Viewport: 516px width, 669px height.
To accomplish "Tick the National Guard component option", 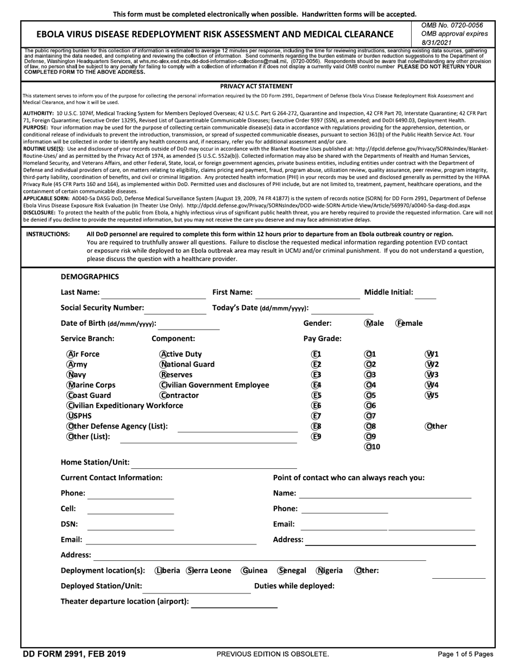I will point(163,364).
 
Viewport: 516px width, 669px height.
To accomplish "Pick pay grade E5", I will point(316,395).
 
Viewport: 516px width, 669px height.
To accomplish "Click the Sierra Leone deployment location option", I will point(191,571).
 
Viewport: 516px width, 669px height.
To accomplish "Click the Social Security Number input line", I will point(175,310).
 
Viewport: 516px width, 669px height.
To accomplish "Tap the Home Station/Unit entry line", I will point(214,464).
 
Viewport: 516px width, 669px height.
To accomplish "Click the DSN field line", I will point(130,526).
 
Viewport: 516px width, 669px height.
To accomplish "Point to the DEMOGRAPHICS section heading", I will point(90,276).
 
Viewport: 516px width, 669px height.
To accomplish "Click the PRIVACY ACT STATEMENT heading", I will point(256,86).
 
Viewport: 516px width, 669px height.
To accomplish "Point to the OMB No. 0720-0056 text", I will point(452,26).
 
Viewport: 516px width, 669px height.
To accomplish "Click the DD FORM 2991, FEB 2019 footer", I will point(74,654).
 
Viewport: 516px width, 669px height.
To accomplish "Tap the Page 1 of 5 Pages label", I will point(465,654).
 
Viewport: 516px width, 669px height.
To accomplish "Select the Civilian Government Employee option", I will point(163,385).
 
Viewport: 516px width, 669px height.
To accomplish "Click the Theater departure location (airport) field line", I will point(234,603).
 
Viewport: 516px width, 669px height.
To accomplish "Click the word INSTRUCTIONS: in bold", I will point(48,234).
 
